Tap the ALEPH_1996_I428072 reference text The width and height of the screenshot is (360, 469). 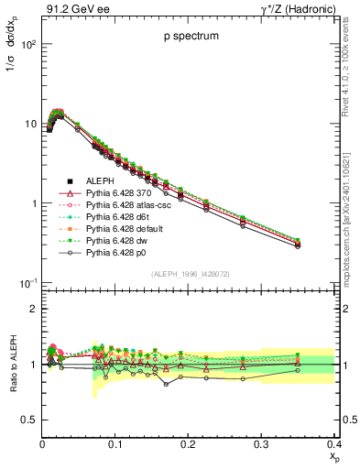(x=189, y=275)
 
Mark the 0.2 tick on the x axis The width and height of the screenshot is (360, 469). (x=189, y=443)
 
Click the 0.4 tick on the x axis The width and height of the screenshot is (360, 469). (x=334, y=443)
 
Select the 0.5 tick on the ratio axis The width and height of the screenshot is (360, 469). (x=29, y=420)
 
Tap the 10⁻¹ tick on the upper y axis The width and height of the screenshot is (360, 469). (x=27, y=283)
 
